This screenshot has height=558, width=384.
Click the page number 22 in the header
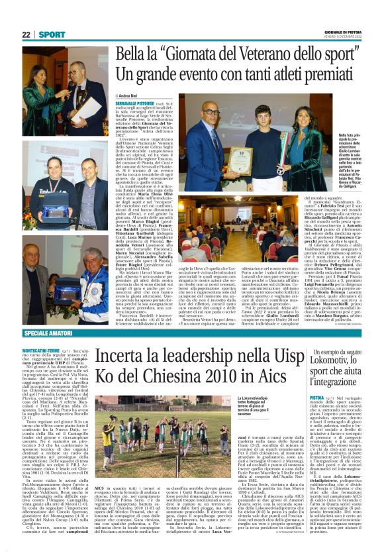[x=26, y=34]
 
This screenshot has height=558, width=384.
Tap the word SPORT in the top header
[x=52, y=34]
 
